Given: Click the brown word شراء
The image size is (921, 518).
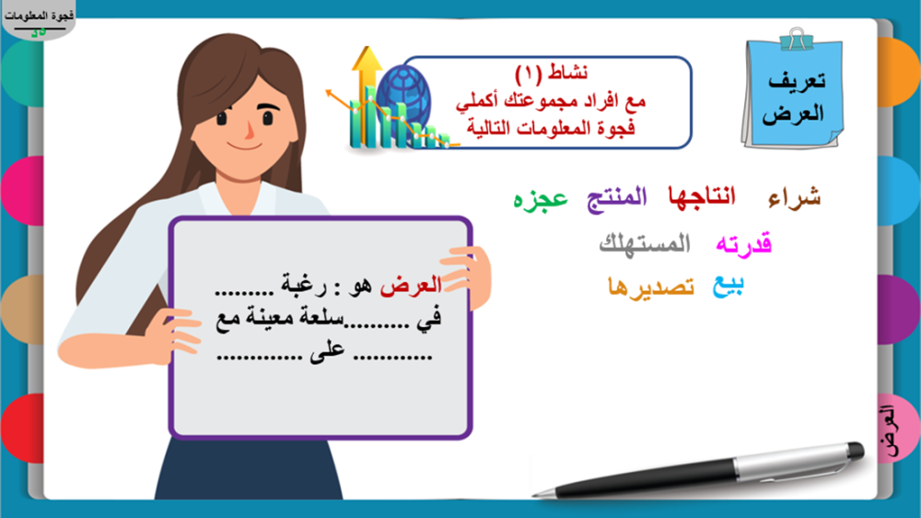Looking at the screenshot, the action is coord(794,197).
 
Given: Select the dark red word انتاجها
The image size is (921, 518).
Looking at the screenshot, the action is coord(702,195).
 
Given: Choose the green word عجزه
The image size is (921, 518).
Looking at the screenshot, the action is coord(541,199).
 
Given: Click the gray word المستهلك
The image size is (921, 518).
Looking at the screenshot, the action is coord(645,243).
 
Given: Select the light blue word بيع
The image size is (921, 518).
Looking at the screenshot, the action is coord(729,287).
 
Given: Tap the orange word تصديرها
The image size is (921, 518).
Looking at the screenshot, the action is coord(651,287).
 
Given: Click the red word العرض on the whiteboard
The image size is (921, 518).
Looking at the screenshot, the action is coord(411,287).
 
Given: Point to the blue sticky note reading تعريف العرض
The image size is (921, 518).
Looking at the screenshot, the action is coord(793,94).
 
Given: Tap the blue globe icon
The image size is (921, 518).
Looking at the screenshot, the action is coord(403,97).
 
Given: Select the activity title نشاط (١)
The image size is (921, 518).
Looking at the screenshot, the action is coord(551,73).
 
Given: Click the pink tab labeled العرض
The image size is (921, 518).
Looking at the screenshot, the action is coord(897,430).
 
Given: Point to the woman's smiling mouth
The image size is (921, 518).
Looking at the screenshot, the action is coord(244,146).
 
